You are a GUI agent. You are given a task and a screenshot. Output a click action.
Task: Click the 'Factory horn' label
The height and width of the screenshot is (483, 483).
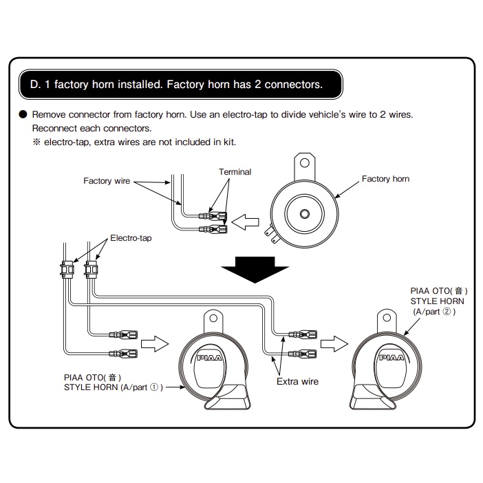coord(385,179)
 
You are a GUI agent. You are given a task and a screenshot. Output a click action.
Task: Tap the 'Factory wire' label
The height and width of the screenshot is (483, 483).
coord(107,181)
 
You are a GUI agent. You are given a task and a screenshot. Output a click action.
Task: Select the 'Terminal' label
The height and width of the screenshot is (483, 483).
coord(235,171)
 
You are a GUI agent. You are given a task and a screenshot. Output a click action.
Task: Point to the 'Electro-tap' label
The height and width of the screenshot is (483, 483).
coord(131,238)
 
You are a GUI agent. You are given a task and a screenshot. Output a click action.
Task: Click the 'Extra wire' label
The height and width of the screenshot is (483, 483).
coord(297,380)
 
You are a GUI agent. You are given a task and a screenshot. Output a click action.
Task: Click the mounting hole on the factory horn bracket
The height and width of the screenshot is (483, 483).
coord(303,164)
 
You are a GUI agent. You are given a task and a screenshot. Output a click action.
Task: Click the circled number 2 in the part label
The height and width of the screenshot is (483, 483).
coord(445,312)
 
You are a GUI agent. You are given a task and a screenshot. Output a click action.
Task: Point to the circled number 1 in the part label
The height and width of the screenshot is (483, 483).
coord(155,387)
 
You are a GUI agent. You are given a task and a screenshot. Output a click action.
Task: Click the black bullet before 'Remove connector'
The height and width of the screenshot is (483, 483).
coord(23,114)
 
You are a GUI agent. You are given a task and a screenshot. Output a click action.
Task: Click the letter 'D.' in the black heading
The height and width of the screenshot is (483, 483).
coord(36,85)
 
